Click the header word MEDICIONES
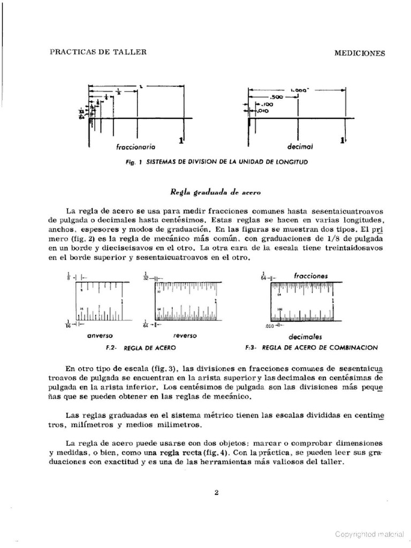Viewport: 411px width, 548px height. click(x=360, y=53)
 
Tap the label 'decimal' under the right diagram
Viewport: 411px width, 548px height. click(x=299, y=146)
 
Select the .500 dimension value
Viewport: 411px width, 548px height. click(x=277, y=97)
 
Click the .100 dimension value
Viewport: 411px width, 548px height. click(x=267, y=104)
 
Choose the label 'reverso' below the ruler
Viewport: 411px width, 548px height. click(x=185, y=336)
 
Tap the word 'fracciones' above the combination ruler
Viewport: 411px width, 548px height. click(x=310, y=276)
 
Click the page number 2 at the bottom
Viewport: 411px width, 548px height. click(x=216, y=493)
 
